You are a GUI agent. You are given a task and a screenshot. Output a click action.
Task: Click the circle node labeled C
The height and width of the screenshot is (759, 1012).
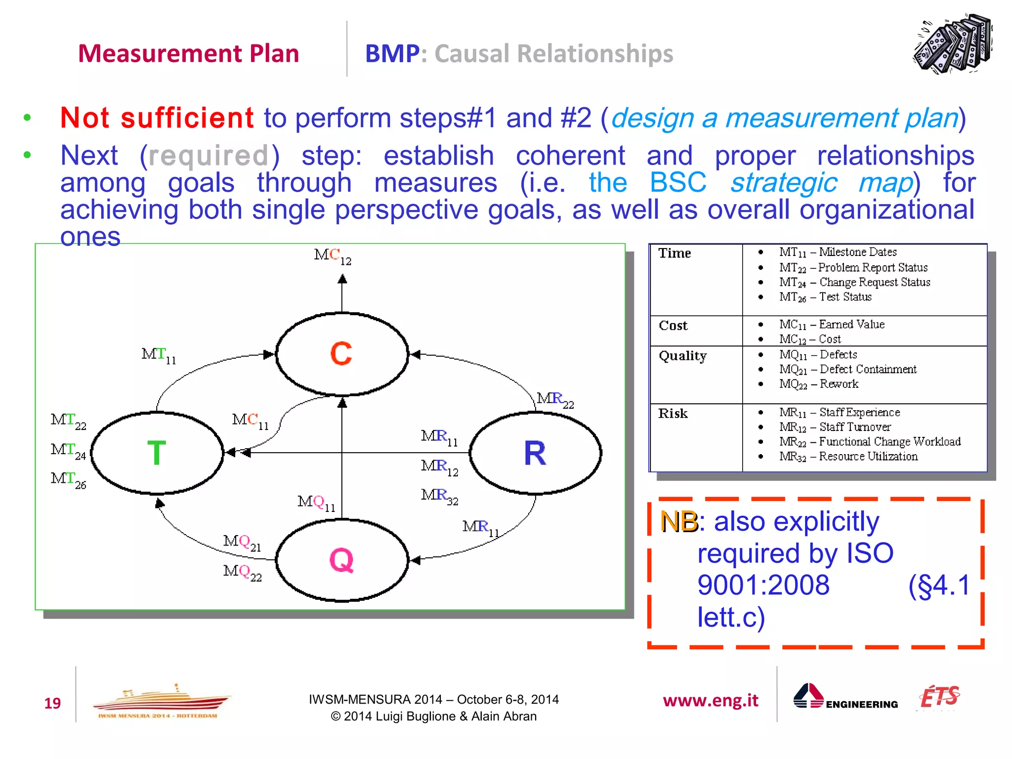(341, 354)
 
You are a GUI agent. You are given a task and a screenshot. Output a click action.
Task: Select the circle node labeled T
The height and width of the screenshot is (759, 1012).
(157, 453)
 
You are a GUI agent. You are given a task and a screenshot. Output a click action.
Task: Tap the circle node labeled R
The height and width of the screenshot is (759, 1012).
(535, 453)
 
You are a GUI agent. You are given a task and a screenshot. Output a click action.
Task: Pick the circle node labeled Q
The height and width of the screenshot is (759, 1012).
(341, 560)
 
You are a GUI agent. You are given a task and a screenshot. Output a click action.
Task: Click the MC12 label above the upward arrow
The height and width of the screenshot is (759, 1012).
(333, 256)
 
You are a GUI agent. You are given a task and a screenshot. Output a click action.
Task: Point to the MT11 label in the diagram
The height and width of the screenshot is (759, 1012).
(158, 355)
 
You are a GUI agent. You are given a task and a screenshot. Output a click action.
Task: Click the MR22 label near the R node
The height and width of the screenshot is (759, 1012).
(555, 399)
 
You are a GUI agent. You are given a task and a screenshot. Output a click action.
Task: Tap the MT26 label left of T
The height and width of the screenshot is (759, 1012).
(68, 479)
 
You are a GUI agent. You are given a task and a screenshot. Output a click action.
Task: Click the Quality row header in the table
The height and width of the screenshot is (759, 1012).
(682, 356)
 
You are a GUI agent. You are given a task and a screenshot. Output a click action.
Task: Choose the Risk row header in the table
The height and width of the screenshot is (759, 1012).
(673, 414)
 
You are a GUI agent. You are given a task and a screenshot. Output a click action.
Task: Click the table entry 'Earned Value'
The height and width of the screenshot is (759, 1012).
(851, 325)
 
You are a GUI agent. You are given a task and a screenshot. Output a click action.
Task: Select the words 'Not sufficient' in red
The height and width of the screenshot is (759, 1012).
(157, 118)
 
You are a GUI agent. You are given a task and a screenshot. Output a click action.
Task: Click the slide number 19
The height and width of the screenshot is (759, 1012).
(52, 703)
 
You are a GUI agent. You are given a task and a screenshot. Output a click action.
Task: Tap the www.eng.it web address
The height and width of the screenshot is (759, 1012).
(710, 700)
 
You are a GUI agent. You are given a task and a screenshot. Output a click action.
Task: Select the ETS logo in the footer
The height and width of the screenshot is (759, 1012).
(939, 697)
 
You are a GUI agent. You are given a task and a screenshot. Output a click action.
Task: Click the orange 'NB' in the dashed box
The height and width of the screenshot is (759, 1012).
(678, 522)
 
